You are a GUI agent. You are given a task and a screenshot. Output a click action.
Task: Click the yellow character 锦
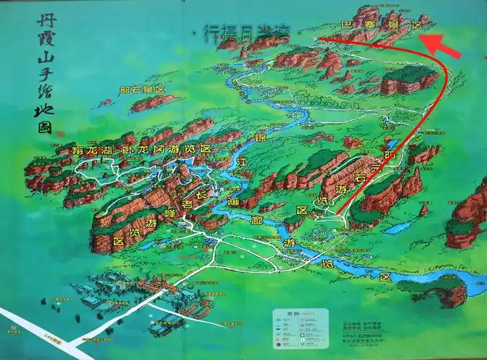(x=259, y=136)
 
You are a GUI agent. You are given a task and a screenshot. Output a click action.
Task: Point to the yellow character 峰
(x=170, y=213)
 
